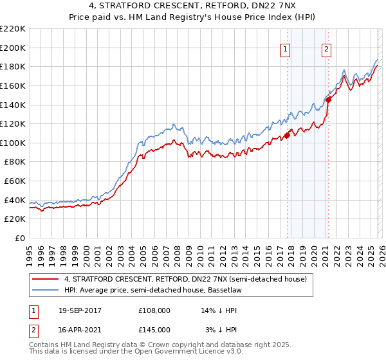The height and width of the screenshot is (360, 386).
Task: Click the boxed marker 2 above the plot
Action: [x=326, y=48]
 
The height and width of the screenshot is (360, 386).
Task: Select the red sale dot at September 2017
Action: [x=287, y=135]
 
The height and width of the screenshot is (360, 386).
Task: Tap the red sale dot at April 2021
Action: [x=328, y=100]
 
